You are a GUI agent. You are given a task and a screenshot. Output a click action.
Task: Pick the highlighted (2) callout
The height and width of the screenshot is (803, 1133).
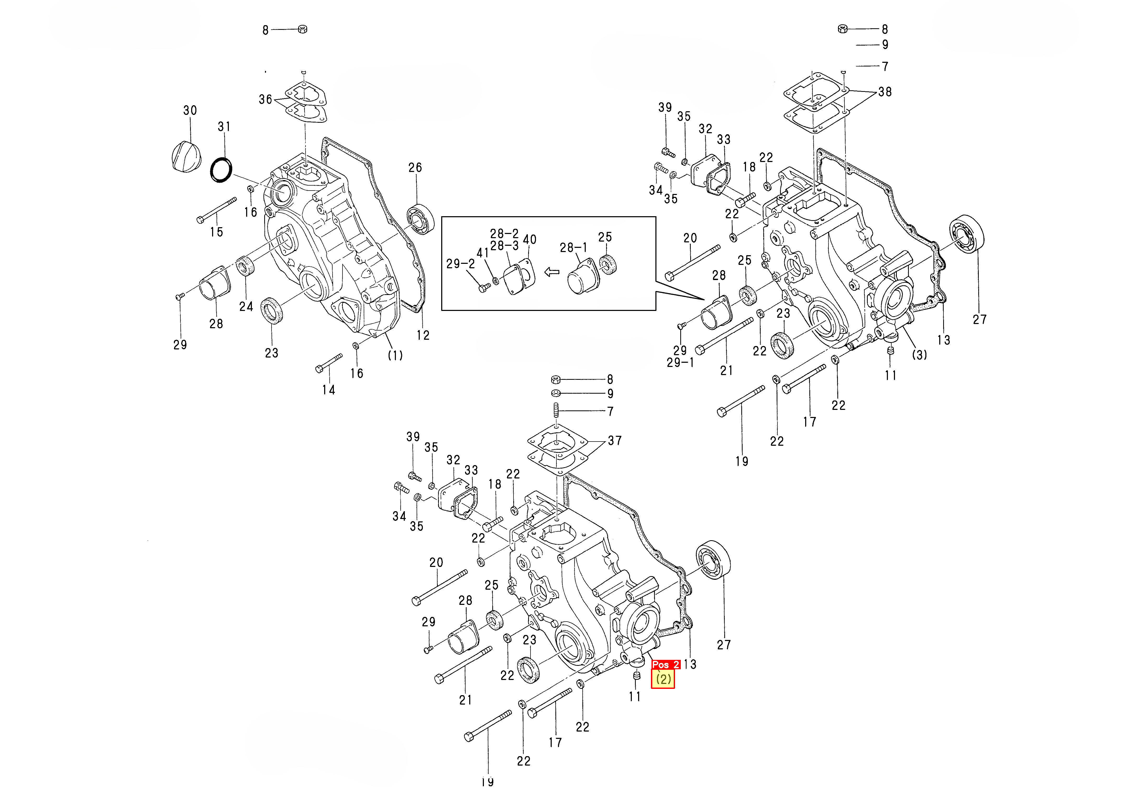coord(663,679)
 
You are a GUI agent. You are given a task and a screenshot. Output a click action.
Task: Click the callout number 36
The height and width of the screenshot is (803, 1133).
coord(266,99)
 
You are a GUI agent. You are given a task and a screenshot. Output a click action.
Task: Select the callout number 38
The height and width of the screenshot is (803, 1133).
coord(885,92)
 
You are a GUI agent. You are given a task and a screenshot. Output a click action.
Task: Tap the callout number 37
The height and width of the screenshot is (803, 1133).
coord(615,440)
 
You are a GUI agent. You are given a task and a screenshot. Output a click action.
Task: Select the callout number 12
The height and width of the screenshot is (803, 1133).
coord(423,335)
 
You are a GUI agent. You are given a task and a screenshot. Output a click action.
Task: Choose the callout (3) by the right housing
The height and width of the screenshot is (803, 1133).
coord(919,355)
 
